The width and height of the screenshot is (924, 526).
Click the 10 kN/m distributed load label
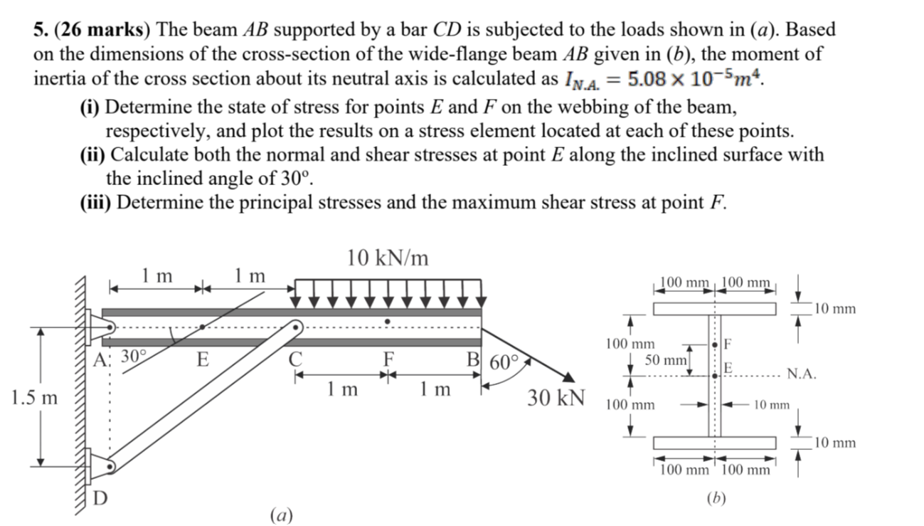(388, 258)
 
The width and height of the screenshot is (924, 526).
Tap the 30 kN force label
(556, 396)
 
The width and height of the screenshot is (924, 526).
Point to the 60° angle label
(504, 362)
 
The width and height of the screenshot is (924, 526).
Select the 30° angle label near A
(134, 356)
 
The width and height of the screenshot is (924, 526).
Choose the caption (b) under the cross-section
(716, 498)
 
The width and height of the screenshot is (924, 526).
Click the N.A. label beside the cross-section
(802, 374)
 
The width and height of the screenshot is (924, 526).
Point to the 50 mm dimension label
(666, 360)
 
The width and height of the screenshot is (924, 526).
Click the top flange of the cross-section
(715, 309)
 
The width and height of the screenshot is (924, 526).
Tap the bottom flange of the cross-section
(715, 443)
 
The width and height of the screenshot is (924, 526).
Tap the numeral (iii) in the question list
(95, 202)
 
